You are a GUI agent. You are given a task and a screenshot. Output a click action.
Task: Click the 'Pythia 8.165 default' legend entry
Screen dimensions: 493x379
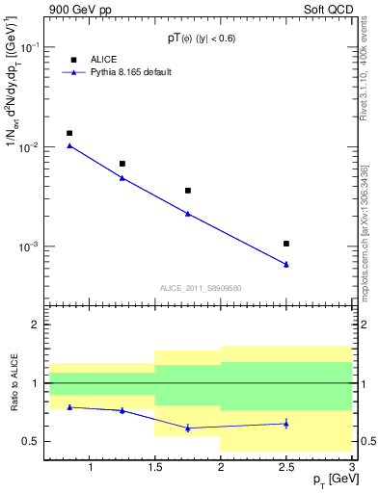(131, 72)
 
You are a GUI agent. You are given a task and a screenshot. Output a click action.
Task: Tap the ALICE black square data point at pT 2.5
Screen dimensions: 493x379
(286, 244)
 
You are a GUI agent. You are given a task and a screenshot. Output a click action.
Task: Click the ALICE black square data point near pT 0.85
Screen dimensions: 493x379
(69, 133)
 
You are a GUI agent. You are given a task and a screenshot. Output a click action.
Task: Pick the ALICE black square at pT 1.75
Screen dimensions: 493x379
(188, 191)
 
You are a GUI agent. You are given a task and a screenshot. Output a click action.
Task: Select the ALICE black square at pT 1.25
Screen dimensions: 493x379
(122, 164)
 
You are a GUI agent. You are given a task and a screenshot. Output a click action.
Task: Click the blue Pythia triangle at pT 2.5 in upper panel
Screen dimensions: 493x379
(286, 264)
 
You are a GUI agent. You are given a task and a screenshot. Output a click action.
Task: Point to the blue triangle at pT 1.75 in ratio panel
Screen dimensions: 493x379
(188, 428)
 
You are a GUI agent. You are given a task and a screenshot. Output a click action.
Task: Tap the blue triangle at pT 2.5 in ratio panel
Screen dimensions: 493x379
(286, 423)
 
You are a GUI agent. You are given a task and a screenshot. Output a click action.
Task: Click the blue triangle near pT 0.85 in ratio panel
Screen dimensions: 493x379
(69, 406)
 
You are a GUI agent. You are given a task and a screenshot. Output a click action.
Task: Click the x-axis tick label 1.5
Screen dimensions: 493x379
(154, 468)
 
